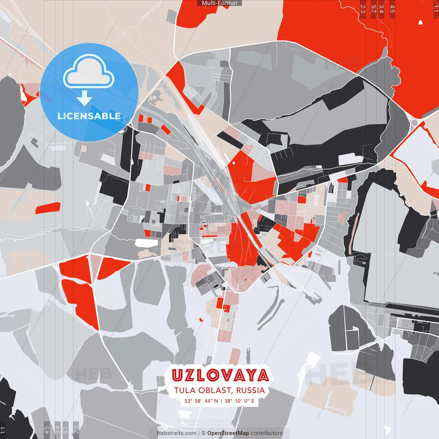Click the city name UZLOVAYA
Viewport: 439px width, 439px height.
220,376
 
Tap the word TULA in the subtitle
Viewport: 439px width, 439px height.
185,390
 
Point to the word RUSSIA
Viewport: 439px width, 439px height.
250,390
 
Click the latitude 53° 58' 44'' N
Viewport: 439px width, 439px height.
201,401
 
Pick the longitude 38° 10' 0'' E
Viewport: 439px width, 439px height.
239,401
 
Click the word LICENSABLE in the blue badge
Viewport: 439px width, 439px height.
89,116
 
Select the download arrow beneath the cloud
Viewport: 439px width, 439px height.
84,99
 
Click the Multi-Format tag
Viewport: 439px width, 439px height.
219,3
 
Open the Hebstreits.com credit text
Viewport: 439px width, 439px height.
176,433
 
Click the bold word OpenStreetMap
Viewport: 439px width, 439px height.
228,433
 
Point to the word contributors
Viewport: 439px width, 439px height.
266,433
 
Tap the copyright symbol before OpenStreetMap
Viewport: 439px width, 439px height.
204,433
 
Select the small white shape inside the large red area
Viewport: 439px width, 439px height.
420,23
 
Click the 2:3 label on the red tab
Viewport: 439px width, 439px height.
363,9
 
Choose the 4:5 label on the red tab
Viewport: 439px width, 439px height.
392,9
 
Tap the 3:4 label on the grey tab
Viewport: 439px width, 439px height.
58,429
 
